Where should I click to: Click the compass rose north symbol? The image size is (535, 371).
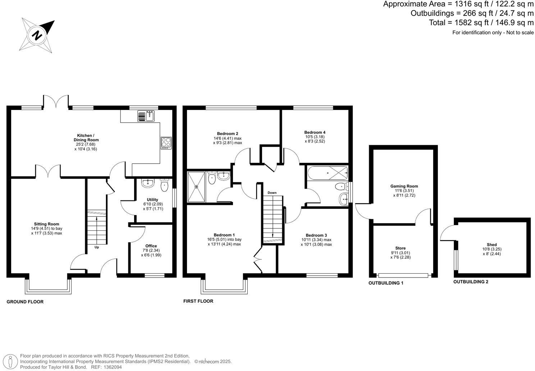pos(37,35)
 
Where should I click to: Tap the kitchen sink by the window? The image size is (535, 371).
pos(146,116)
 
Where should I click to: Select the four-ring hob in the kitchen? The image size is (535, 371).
pos(166,142)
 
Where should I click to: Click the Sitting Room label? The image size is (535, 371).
pos(47,224)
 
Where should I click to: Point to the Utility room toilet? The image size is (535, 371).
pos(164,185)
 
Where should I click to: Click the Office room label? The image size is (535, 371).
pos(151,246)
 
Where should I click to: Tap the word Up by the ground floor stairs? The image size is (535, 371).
pos(97,247)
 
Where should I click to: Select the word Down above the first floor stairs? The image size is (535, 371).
pos(272,193)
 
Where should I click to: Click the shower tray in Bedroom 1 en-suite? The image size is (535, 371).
pos(196,187)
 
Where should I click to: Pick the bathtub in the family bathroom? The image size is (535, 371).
pos(328,173)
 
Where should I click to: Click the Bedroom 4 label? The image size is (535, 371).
pos(315,132)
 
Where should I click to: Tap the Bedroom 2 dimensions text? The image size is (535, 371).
pos(227,141)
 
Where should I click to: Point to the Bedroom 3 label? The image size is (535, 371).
pos(316,235)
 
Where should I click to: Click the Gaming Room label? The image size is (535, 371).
pos(404,186)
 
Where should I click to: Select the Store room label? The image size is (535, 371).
pos(400,248)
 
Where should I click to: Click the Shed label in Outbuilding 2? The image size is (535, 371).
pos(491,245)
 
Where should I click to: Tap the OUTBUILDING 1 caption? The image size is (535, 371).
pos(386,283)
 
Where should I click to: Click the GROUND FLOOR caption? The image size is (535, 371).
pos(25,302)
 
